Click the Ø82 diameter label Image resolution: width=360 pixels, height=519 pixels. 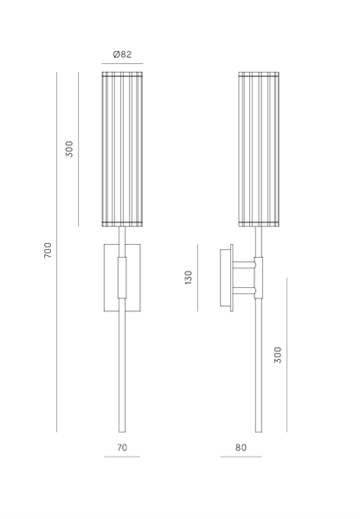122,54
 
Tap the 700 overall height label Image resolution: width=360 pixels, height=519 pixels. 48,251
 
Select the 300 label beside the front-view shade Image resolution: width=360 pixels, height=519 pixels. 69,149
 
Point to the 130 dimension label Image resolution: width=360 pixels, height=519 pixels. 189,278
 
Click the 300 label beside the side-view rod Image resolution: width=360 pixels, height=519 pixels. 278,355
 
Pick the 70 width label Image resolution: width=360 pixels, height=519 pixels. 122,447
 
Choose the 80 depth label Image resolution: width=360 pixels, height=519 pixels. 241,447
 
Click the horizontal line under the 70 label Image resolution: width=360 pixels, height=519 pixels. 122,457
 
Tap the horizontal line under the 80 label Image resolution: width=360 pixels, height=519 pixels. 241,457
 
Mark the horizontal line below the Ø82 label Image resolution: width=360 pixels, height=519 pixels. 122,63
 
